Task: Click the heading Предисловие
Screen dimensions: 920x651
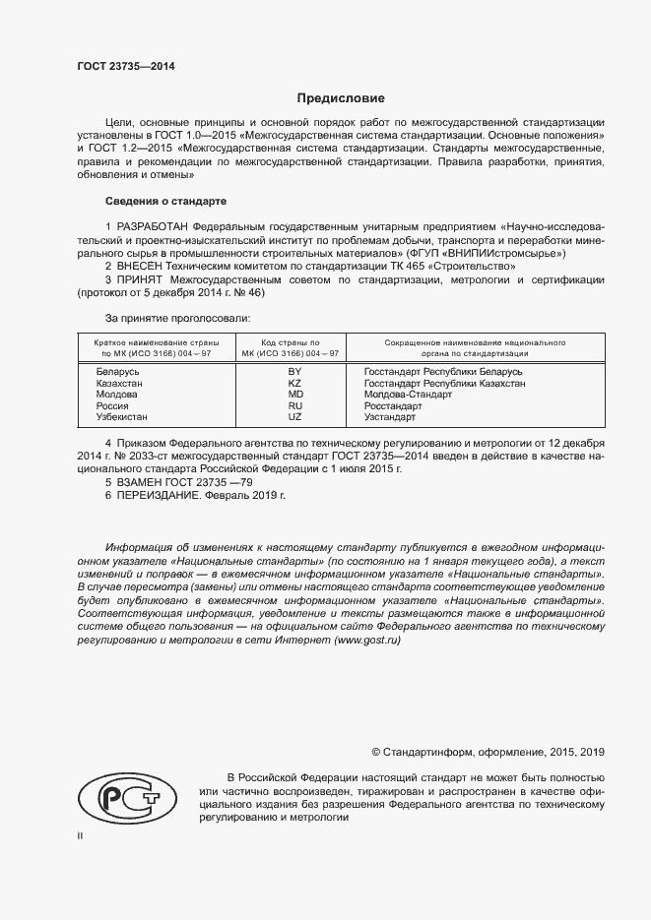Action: coord(342,98)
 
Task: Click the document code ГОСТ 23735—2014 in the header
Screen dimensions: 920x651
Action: coord(126,67)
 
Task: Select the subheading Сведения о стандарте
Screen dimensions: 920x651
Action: coord(164,201)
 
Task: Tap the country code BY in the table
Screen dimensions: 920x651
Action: coord(293,372)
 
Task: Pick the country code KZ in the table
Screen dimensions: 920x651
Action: coord(293,384)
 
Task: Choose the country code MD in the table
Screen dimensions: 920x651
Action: coord(293,395)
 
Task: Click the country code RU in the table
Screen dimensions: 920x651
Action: coord(293,405)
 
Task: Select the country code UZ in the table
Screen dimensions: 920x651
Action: coord(293,417)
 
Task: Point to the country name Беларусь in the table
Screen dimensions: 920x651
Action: coord(118,372)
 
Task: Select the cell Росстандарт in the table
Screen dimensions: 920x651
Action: coord(393,405)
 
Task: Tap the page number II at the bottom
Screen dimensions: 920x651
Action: coord(81,836)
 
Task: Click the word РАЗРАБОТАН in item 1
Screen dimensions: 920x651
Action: coord(155,226)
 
